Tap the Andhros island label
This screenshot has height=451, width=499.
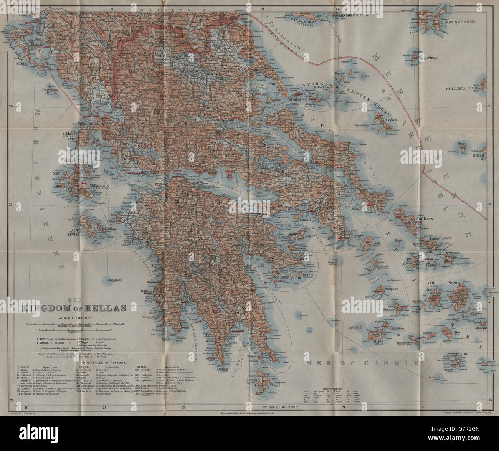(425, 219)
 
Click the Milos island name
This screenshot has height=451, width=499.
(378, 340)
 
